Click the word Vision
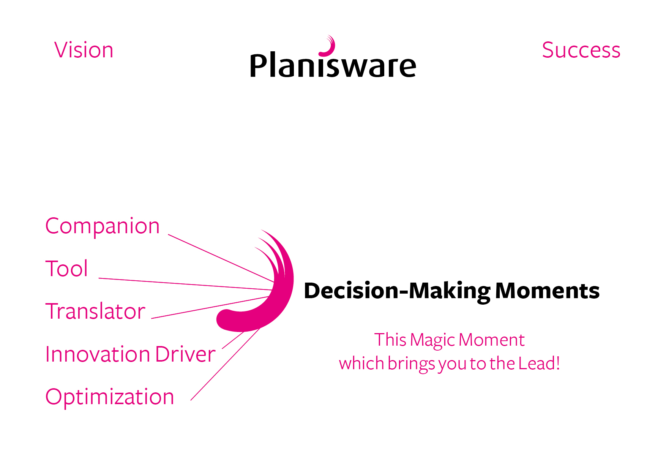click(84, 50)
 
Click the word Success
click(581, 50)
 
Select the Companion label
click(103, 226)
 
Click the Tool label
click(66, 269)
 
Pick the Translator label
click(95, 311)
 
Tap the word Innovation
click(98, 354)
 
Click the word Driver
click(185, 354)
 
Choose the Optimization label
click(110, 397)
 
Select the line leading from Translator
click(209, 307)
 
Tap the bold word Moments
click(547, 291)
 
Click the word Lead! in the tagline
click(539, 364)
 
